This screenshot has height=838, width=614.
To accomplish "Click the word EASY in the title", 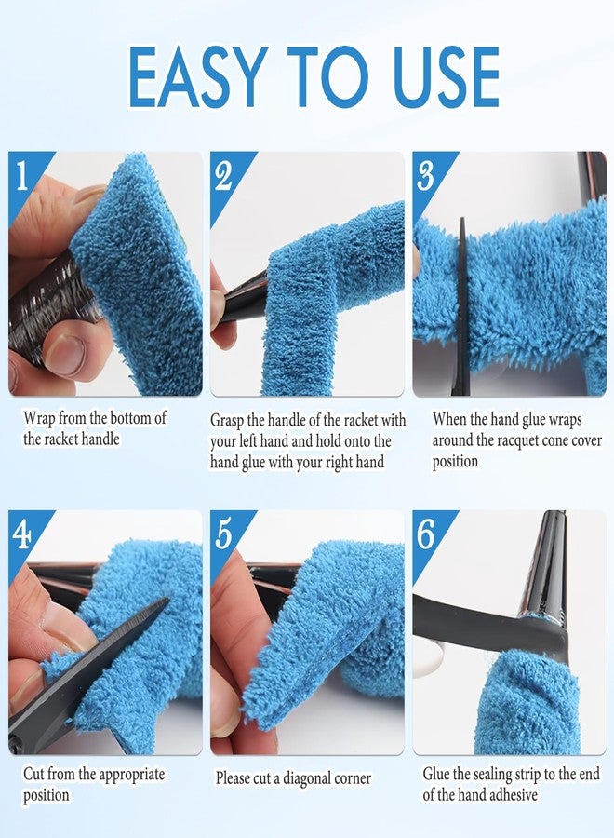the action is pos(197,77).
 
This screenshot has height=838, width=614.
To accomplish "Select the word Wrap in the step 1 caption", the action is pos(39,418).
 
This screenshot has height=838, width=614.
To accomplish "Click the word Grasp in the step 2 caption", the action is pos(227,421).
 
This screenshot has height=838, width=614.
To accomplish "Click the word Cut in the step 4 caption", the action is pos(33,774).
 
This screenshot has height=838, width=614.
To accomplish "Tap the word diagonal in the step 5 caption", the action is pos(305,778).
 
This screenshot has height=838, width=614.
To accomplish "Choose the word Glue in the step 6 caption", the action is pos(436,774).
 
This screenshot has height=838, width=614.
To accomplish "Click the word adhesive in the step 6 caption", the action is pos(510,795).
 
